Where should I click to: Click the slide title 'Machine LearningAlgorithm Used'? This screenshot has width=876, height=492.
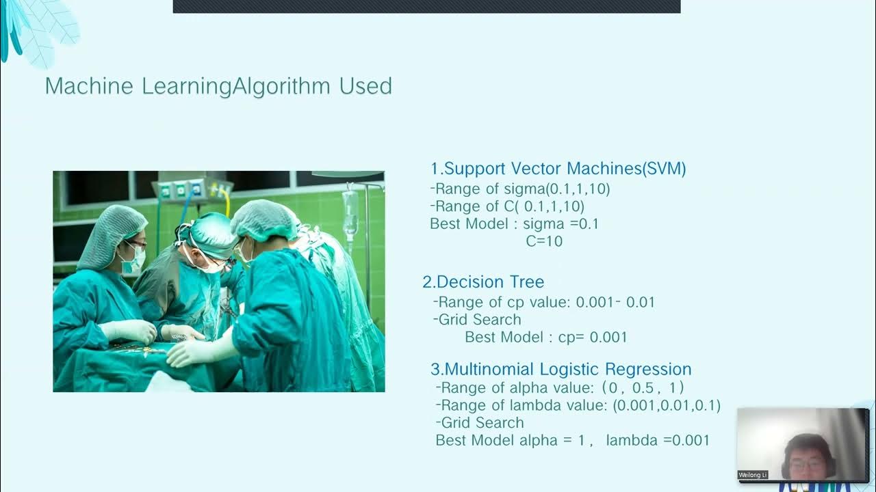click(x=218, y=87)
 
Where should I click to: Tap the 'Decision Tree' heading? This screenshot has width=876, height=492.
click(x=490, y=282)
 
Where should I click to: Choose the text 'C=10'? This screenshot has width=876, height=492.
click(x=544, y=241)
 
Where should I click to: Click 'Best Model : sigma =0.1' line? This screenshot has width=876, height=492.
click(x=514, y=223)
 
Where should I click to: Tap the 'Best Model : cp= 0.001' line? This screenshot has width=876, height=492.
click(x=545, y=337)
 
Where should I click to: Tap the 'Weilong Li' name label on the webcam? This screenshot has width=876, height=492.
click(x=753, y=475)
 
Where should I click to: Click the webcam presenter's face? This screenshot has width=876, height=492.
click(x=808, y=458)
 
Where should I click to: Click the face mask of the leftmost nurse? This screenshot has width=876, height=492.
click(x=133, y=260)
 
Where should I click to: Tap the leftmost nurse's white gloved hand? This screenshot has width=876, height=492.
click(x=130, y=331)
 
